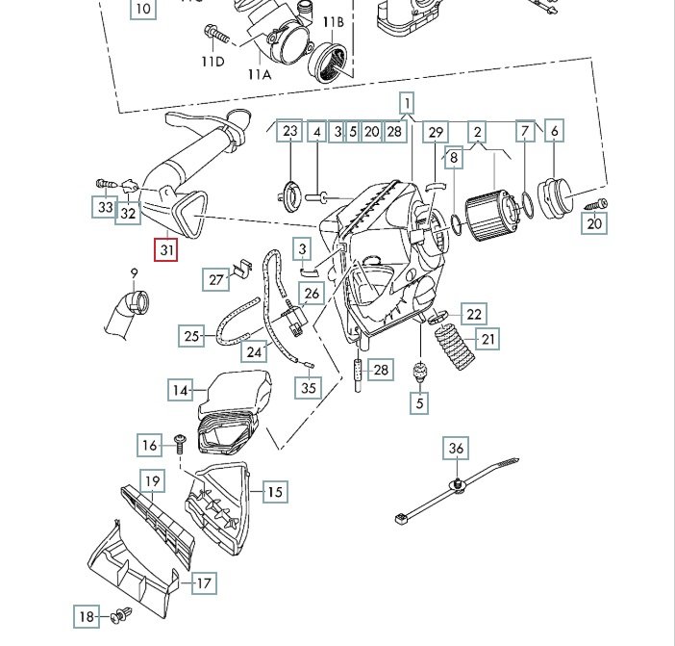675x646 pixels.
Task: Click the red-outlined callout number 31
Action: pyautogui.click(x=166, y=250)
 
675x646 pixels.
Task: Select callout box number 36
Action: pyautogui.click(x=456, y=449)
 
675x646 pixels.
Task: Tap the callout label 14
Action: pyautogui.click(x=180, y=391)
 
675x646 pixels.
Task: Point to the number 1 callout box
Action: pyautogui.click(x=407, y=104)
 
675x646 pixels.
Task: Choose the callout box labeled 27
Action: pyautogui.click(x=215, y=280)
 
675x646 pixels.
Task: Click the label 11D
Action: pyautogui.click(x=213, y=62)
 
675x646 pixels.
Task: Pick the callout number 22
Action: pyautogui.click(x=474, y=314)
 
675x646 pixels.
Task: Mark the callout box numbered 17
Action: pyautogui.click(x=204, y=583)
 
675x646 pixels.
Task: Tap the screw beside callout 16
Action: pyautogui.click(x=180, y=444)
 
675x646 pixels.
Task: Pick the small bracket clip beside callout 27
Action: pyautogui.click(x=242, y=268)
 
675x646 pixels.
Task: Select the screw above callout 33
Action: pyautogui.click(x=106, y=184)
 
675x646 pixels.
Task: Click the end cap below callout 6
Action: pyautogui.click(x=556, y=199)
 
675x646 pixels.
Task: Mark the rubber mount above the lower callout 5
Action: pyautogui.click(x=420, y=372)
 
